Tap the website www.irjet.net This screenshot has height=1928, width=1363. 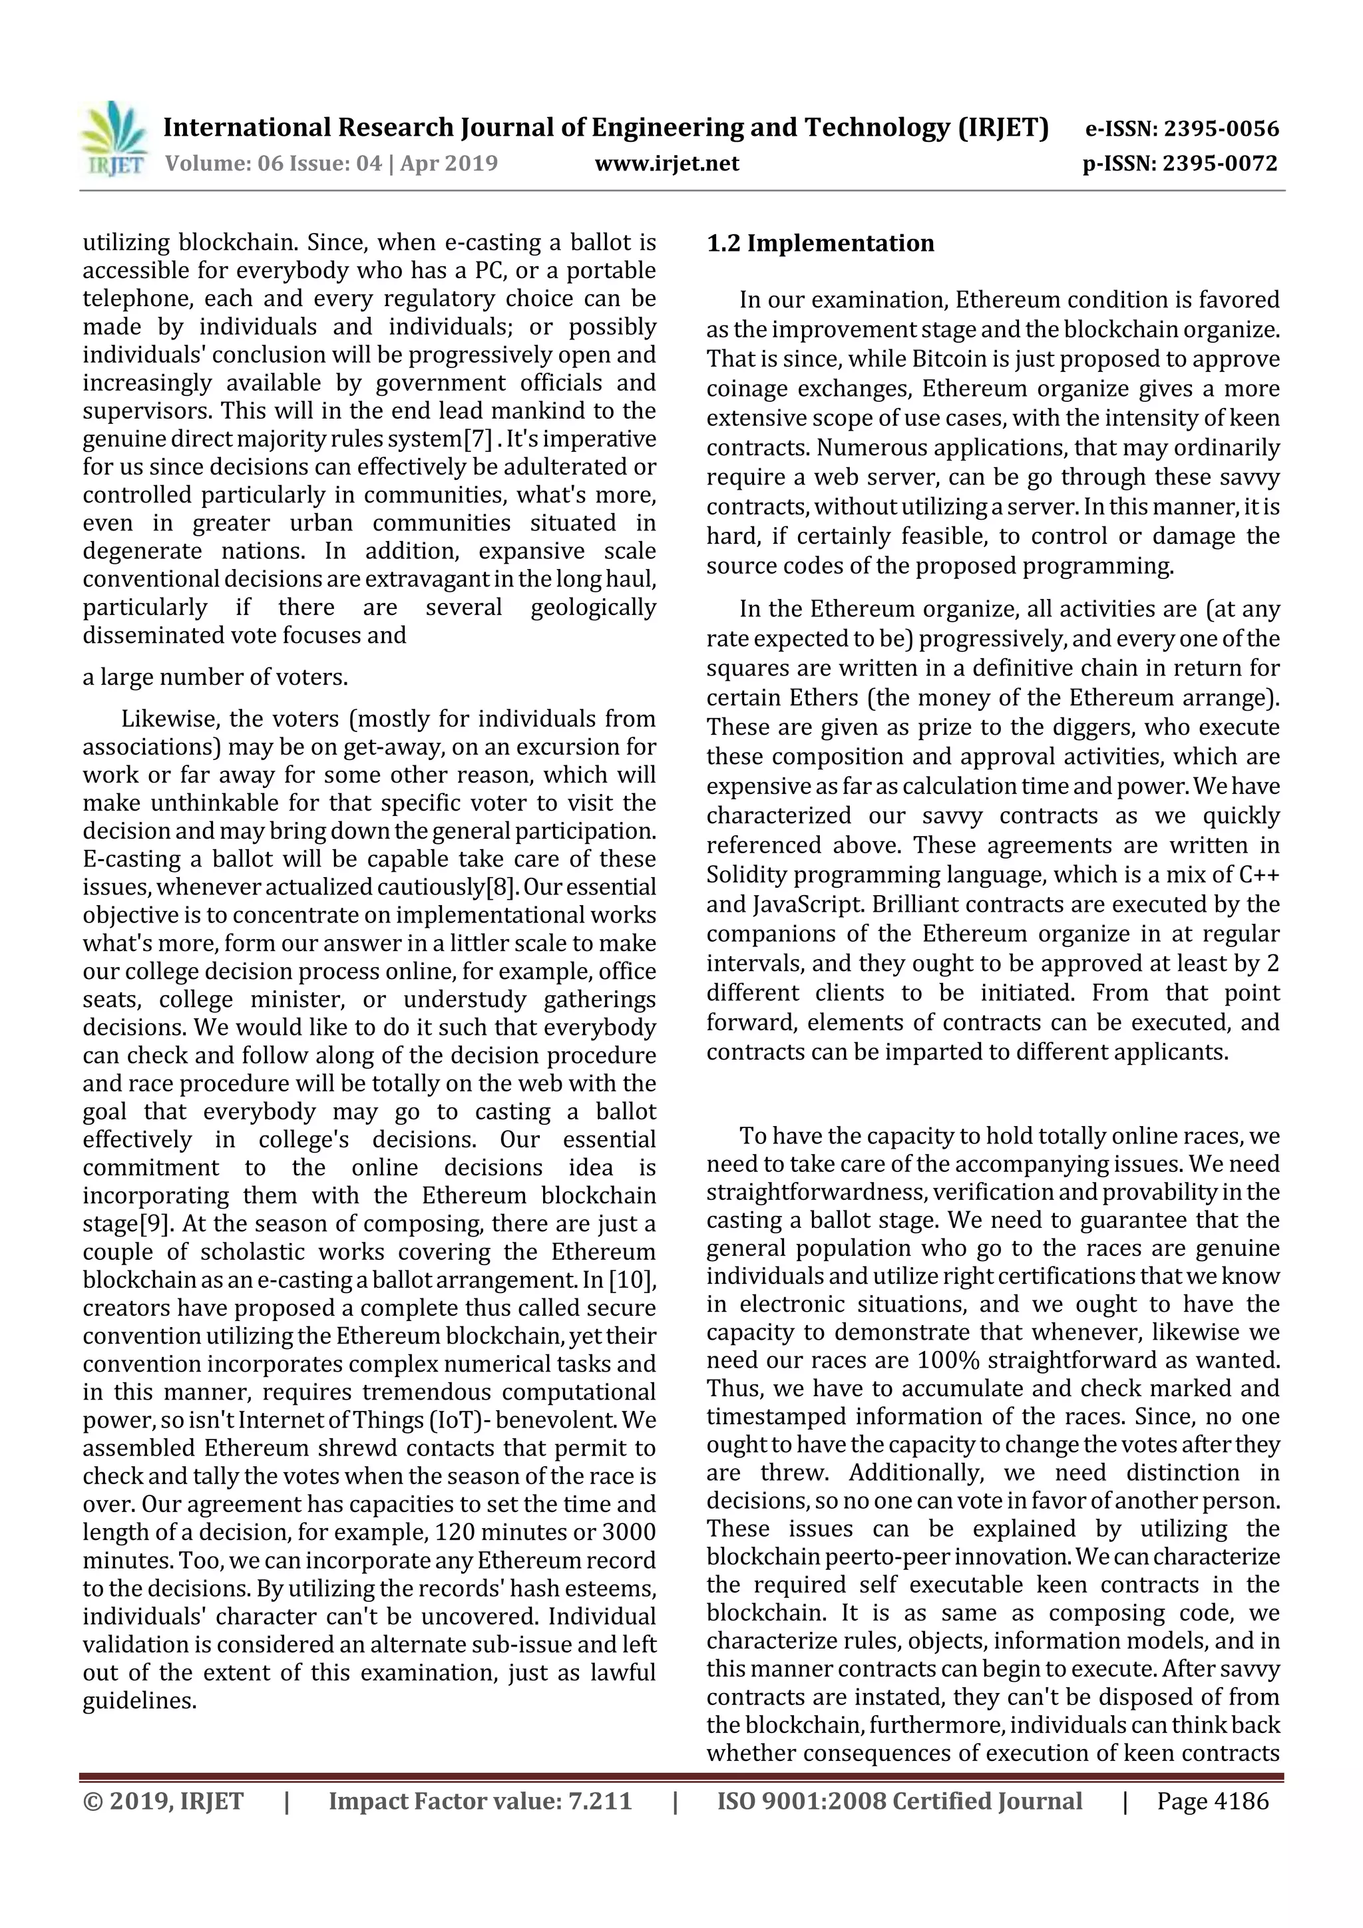coord(667,164)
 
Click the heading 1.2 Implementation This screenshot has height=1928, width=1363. coord(821,244)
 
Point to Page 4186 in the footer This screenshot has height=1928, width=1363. coord(1213,1800)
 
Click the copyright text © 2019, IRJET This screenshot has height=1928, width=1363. coord(164,1800)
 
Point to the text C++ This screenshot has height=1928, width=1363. coord(1259,875)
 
